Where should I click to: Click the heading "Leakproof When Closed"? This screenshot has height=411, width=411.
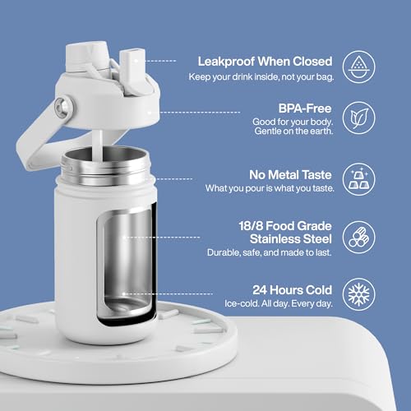[265, 62]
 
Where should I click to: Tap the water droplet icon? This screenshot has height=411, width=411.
[358, 67]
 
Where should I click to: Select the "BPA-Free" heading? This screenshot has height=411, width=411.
[305, 109]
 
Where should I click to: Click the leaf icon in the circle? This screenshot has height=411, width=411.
[358, 118]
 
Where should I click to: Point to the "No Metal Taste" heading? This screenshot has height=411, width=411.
[290, 175]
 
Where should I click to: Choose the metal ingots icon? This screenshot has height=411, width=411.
[358, 179]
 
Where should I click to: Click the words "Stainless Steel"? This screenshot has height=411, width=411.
[291, 239]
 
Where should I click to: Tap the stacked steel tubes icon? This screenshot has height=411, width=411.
[358, 238]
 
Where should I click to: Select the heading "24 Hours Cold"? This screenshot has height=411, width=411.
[293, 290]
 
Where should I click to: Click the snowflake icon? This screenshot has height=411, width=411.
[358, 294]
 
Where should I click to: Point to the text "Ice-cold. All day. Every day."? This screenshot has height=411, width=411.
[279, 303]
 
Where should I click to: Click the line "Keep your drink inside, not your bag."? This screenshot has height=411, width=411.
[261, 77]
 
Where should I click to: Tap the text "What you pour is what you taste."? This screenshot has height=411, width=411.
[270, 188]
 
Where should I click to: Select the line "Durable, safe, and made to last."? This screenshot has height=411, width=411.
[270, 252]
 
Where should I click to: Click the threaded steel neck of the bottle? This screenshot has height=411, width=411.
[105, 166]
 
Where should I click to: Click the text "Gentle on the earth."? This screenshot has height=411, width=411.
[293, 132]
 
